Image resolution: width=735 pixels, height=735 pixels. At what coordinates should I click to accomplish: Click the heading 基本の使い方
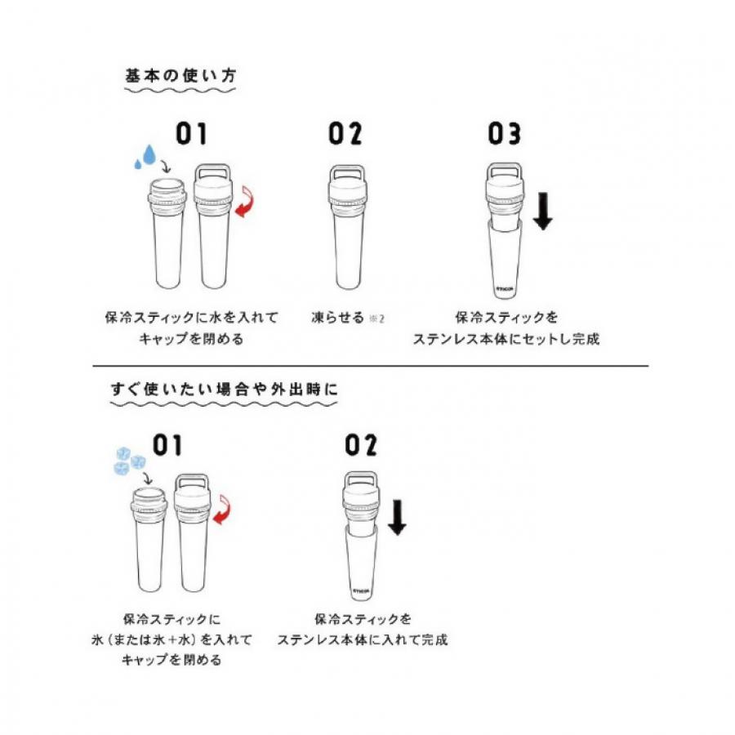[180, 75]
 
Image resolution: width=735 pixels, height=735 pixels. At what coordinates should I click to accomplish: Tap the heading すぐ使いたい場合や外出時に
[223, 389]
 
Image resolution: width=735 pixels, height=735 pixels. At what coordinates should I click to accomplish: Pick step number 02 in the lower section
[361, 446]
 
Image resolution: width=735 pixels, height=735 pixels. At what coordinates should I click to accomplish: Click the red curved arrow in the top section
[243, 199]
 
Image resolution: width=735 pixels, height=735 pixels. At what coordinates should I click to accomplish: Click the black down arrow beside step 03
[542, 212]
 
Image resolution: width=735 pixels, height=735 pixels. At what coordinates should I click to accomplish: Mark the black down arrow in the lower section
[397, 517]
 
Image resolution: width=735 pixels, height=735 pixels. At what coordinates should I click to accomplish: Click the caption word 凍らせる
[337, 317]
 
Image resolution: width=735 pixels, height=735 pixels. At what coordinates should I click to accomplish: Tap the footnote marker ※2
[376, 318]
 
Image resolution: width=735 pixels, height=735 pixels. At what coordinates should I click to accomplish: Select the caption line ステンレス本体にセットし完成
[506, 339]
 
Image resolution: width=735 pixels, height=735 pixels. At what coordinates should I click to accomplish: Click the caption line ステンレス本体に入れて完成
[362, 639]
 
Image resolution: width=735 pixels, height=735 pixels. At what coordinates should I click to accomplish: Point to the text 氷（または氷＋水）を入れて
[188, 639]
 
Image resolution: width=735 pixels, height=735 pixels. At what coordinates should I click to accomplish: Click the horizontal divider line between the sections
[367, 365]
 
